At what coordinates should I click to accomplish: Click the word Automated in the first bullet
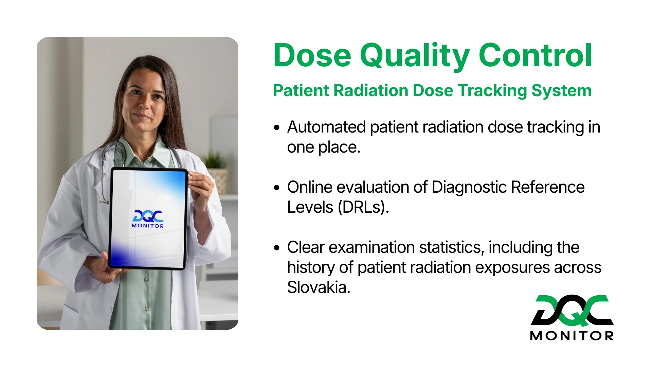[326, 127]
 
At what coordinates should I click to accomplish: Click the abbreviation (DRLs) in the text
[363, 207]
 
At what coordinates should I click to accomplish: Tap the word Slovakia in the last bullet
[318, 287]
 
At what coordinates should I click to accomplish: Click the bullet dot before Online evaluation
[277, 188]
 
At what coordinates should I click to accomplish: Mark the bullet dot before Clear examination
[277, 248]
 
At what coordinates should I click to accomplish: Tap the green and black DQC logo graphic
[572, 310]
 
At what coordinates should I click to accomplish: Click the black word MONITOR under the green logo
[572, 336]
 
